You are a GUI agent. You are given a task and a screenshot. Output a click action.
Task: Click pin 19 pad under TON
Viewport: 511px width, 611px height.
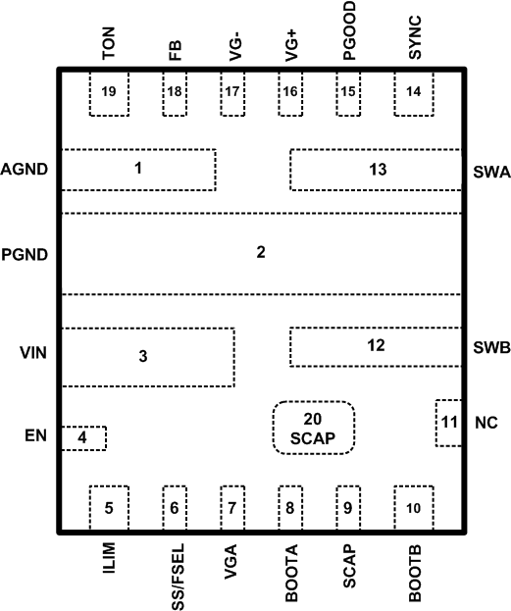(x=108, y=92)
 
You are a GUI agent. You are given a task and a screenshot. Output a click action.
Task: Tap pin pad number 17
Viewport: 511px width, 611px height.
(x=232, y=92)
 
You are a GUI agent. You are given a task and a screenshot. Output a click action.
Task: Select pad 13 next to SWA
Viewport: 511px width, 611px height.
(x=376, y=169)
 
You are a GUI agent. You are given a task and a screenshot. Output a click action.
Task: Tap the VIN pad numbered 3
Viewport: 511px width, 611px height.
(x=148, y=356)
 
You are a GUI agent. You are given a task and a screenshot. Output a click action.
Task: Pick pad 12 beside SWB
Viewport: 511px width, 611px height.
(x=376, y=346)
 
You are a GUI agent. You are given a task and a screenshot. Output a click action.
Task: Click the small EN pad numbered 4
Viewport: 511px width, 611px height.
(x=83, y=437)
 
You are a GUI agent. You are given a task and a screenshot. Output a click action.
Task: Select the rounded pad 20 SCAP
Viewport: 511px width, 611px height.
(x=313, y=428)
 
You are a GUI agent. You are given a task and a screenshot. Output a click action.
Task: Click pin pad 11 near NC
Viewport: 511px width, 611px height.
(x=448, y=422)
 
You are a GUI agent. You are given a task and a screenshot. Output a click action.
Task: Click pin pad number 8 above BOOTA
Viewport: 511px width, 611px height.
(x=290, y=508)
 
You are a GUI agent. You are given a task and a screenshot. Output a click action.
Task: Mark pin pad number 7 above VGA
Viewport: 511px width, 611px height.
(x=232, y=508)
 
